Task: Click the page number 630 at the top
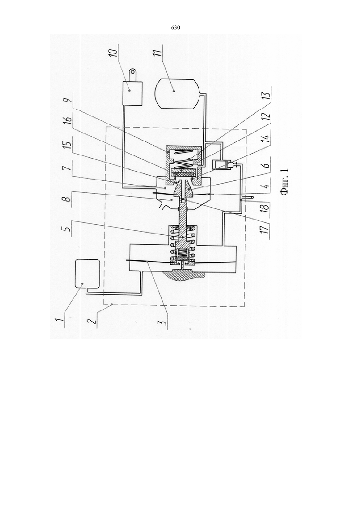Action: click(175, 28)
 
